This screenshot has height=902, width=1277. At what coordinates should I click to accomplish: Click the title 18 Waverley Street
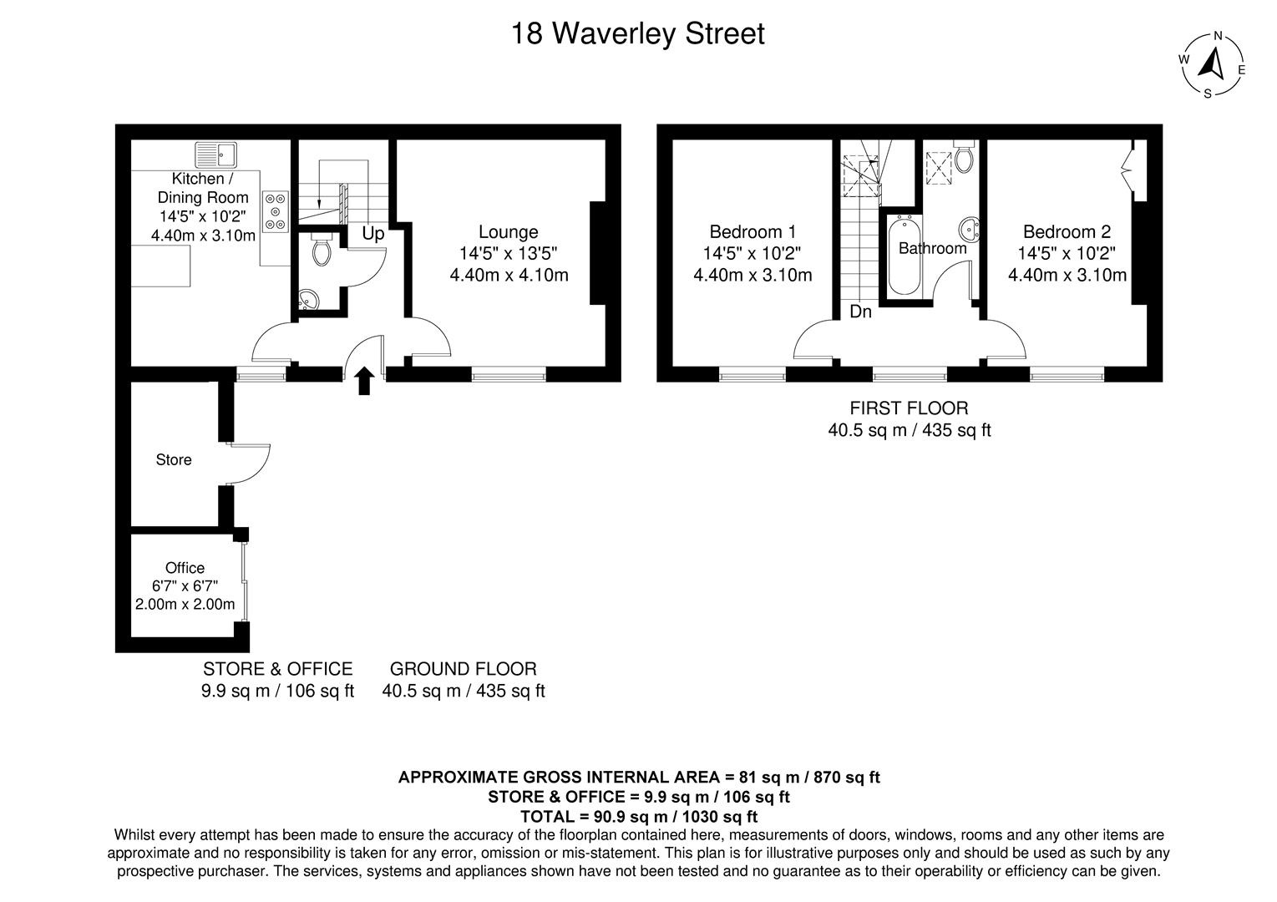(x=637, y=34)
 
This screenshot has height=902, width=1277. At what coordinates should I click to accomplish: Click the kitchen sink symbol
(x=216, y=155)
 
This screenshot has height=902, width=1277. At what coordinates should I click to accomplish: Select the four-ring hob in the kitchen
(x=276, y=210)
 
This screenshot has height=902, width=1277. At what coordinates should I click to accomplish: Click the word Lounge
(x=508, y=232)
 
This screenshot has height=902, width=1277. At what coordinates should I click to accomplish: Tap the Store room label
(x=174, y=460)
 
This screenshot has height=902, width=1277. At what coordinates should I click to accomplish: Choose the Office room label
(x=185, y=568)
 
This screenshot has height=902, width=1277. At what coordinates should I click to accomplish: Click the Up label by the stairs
(x=373, y=234)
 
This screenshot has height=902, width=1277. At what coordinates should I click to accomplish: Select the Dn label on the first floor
(x=860, y=312)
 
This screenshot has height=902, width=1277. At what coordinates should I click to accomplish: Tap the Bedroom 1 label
(x=753, y=232)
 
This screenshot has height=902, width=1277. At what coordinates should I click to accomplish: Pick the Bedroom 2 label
(x=1067, y=232)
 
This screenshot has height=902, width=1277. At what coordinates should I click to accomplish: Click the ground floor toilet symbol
(x=321, y=248)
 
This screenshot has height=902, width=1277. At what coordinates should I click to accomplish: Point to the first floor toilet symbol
(x=964, y=158)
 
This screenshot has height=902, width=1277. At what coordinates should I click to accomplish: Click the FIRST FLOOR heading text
(x=909, y=408)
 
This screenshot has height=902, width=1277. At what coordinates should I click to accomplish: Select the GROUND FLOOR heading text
(x=464, y=669)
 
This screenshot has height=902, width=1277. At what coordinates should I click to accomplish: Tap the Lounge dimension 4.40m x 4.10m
(x=509, y=275)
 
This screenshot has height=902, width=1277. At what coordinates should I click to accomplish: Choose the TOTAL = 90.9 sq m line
(x=639, y=817)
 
